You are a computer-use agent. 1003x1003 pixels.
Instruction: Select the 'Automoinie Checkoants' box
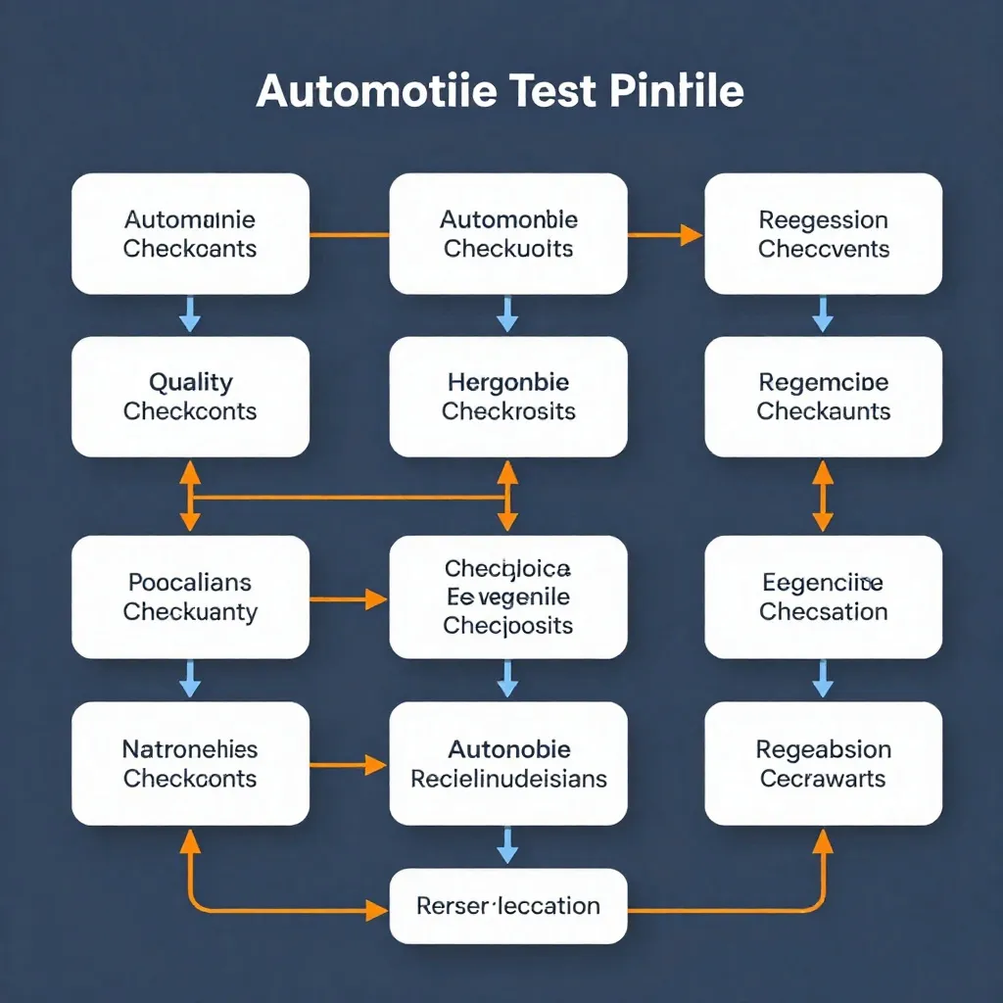click(190, 234)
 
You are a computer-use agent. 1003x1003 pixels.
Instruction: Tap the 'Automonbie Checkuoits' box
click(507, 234)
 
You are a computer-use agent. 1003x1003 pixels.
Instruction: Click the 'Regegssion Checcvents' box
click(823, 234)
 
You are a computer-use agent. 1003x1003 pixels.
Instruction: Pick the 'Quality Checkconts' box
click(190, 397)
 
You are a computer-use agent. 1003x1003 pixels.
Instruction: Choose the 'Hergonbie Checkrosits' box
click(507, 397)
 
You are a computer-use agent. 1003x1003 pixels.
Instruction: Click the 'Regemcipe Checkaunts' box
click(823, 397)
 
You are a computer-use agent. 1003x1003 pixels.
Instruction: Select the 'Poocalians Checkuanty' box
click(190, 597)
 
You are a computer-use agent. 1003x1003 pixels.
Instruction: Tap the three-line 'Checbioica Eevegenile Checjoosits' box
click(507, 597)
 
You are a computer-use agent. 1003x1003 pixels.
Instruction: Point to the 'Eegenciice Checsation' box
click(823, 597)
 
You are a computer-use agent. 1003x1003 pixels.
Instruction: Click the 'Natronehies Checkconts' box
click(190, 764)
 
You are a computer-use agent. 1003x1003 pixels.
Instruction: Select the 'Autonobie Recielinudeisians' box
click(507, 764)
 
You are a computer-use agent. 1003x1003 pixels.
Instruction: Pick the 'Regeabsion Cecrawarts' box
click(823, 764)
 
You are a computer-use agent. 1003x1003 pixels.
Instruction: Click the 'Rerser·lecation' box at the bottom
click(507, 906)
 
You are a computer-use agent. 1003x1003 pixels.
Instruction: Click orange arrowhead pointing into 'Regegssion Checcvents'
click(691, 234)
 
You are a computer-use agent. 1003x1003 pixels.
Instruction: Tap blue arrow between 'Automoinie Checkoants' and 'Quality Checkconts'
click(190, 315)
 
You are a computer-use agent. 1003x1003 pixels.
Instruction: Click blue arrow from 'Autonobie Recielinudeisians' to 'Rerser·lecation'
click(507, 844)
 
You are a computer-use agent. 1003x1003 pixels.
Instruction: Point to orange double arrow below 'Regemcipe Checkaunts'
click(823, 496)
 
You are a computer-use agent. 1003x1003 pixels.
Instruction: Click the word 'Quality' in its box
click(190, 382)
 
